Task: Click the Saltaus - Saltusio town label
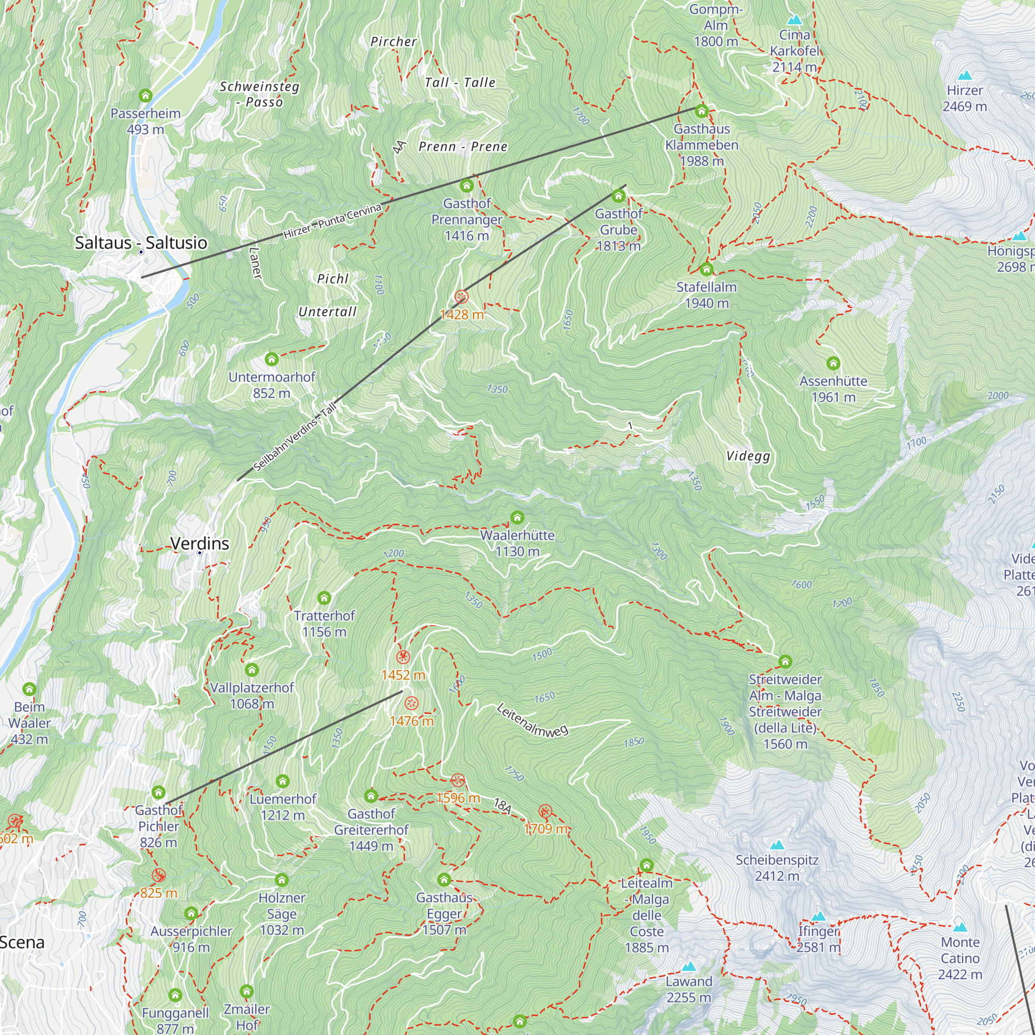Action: tap(141, 243)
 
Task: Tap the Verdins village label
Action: tap(199, 543)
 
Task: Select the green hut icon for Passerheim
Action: tap(146, 96)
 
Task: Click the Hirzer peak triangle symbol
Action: tap(965, 75)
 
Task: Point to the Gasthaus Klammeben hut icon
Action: tap(701, 111)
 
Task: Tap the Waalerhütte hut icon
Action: tap(517, 517)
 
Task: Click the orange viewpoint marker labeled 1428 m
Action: tap(461, 297)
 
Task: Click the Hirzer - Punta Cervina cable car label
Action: tap(332, 221)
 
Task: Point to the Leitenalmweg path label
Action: tap(532, 720)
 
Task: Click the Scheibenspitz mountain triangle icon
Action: tap(777, 846)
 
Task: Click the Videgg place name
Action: tap(748, 456)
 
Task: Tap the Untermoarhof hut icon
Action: tap(272, 359)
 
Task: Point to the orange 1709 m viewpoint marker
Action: tap(545, 811)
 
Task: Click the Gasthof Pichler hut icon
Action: tap(158, 792)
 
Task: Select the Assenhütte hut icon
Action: tap(833, 363)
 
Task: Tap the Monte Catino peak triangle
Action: tap(960, 927)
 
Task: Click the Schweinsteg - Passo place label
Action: tap(259, 94)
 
